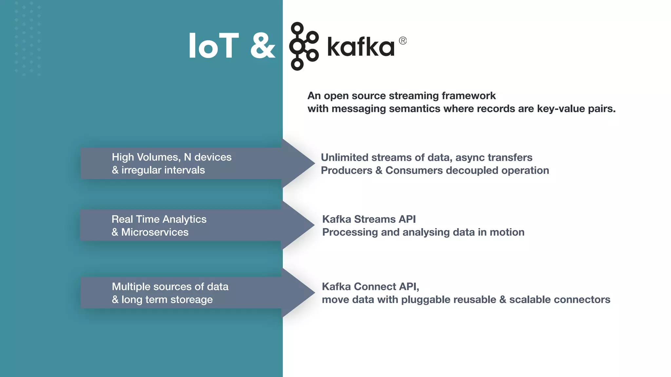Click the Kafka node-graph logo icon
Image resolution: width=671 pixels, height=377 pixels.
(x=303, y=46)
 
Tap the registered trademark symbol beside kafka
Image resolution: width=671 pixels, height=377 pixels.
(x=403, y=41)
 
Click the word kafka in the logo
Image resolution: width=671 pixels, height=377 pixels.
(x=360, y=47)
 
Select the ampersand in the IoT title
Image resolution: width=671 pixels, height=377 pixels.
(x=262, y=46)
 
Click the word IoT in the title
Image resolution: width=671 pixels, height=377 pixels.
(x=213, y=46)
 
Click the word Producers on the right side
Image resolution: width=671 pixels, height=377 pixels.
(x=346, y=171)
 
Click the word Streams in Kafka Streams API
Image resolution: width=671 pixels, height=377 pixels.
(x=375, y=219)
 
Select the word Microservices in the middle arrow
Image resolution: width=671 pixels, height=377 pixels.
(x=155, y=232)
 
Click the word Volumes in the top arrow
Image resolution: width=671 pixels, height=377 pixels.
(x=158, y=157)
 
